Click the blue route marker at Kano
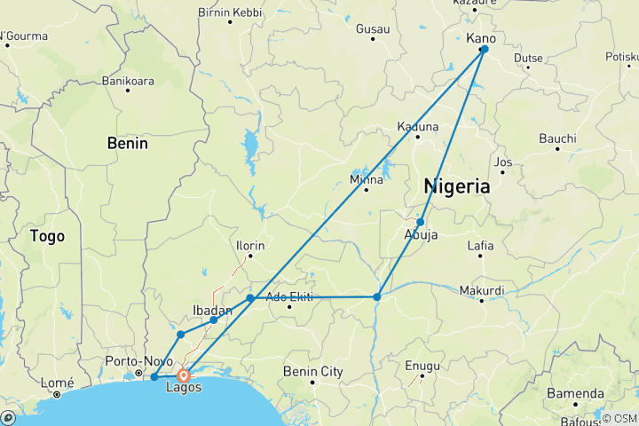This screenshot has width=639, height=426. pos(484,49)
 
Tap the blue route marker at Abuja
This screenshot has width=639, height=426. pos(421,222)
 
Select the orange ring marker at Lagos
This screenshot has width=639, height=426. pos(184,375)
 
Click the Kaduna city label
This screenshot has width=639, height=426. pos(418,126)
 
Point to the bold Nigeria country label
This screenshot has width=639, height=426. pos(456,186)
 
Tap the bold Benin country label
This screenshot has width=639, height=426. pos(127,142)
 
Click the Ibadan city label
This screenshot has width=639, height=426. pos(212,310)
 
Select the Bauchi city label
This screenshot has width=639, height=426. pos(557,138)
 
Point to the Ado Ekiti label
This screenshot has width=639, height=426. pos(290,297)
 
